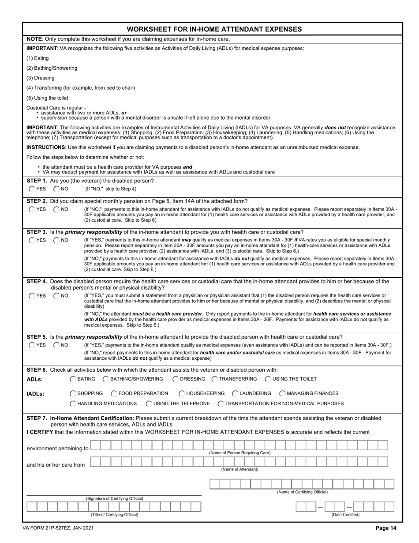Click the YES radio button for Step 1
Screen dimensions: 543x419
(x=32, y=189)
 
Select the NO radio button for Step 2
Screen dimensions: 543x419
(x=57, y=209)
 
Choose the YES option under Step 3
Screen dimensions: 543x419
(x=32, y=240)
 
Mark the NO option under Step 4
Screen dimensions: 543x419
(x=57, y=296)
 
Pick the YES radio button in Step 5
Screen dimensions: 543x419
(x=32, y=345)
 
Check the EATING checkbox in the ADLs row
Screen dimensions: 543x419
(x=73, y=379)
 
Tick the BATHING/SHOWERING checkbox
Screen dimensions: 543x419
(x=106, y=379)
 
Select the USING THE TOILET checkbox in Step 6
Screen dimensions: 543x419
(x=268, y=379)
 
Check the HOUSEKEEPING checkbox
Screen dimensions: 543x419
(x=182, y=393)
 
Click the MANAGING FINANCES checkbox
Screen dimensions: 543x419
(x=282, y=393)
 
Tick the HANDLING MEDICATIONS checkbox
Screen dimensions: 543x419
(x=73, y=403)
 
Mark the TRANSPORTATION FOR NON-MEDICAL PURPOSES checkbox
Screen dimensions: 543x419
(x=221, y=403)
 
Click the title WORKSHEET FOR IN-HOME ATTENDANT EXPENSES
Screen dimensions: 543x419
(x=214, y=29)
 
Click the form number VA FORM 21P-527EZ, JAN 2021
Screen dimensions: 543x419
(x=60, y=528)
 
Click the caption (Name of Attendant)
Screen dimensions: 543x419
(x=239, y=469)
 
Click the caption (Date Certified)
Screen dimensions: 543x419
(x=345, y=515)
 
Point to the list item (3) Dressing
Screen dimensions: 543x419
(x=41, y=78)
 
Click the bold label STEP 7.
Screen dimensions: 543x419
(x=37, y=418)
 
